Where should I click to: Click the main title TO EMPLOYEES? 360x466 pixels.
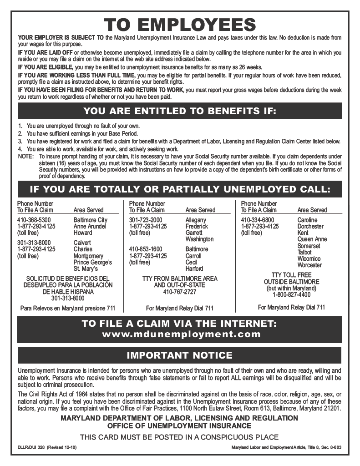180,25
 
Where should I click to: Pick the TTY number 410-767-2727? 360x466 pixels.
180,292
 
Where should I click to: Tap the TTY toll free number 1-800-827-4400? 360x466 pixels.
291,294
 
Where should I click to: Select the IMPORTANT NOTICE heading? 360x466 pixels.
179,355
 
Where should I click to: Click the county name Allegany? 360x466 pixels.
196,220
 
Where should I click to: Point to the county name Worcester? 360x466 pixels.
309,265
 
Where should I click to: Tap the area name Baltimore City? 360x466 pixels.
90,220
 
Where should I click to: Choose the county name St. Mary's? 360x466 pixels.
86,268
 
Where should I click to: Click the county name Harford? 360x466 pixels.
194,268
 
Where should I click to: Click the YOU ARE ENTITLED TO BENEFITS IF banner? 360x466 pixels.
179,111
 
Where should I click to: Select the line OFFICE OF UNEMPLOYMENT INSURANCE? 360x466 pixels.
179,426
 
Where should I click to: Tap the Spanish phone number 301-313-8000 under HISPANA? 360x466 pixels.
67,299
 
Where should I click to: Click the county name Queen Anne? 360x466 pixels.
312,239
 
